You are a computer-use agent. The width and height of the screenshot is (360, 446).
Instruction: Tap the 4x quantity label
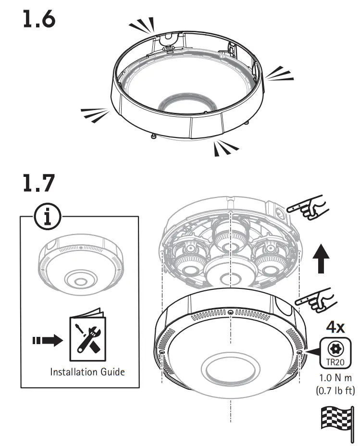pos(335,327)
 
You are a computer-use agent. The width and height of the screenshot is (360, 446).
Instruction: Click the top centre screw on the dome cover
pos(231,313)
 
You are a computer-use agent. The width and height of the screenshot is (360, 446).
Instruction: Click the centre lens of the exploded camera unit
pos(231,274)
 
